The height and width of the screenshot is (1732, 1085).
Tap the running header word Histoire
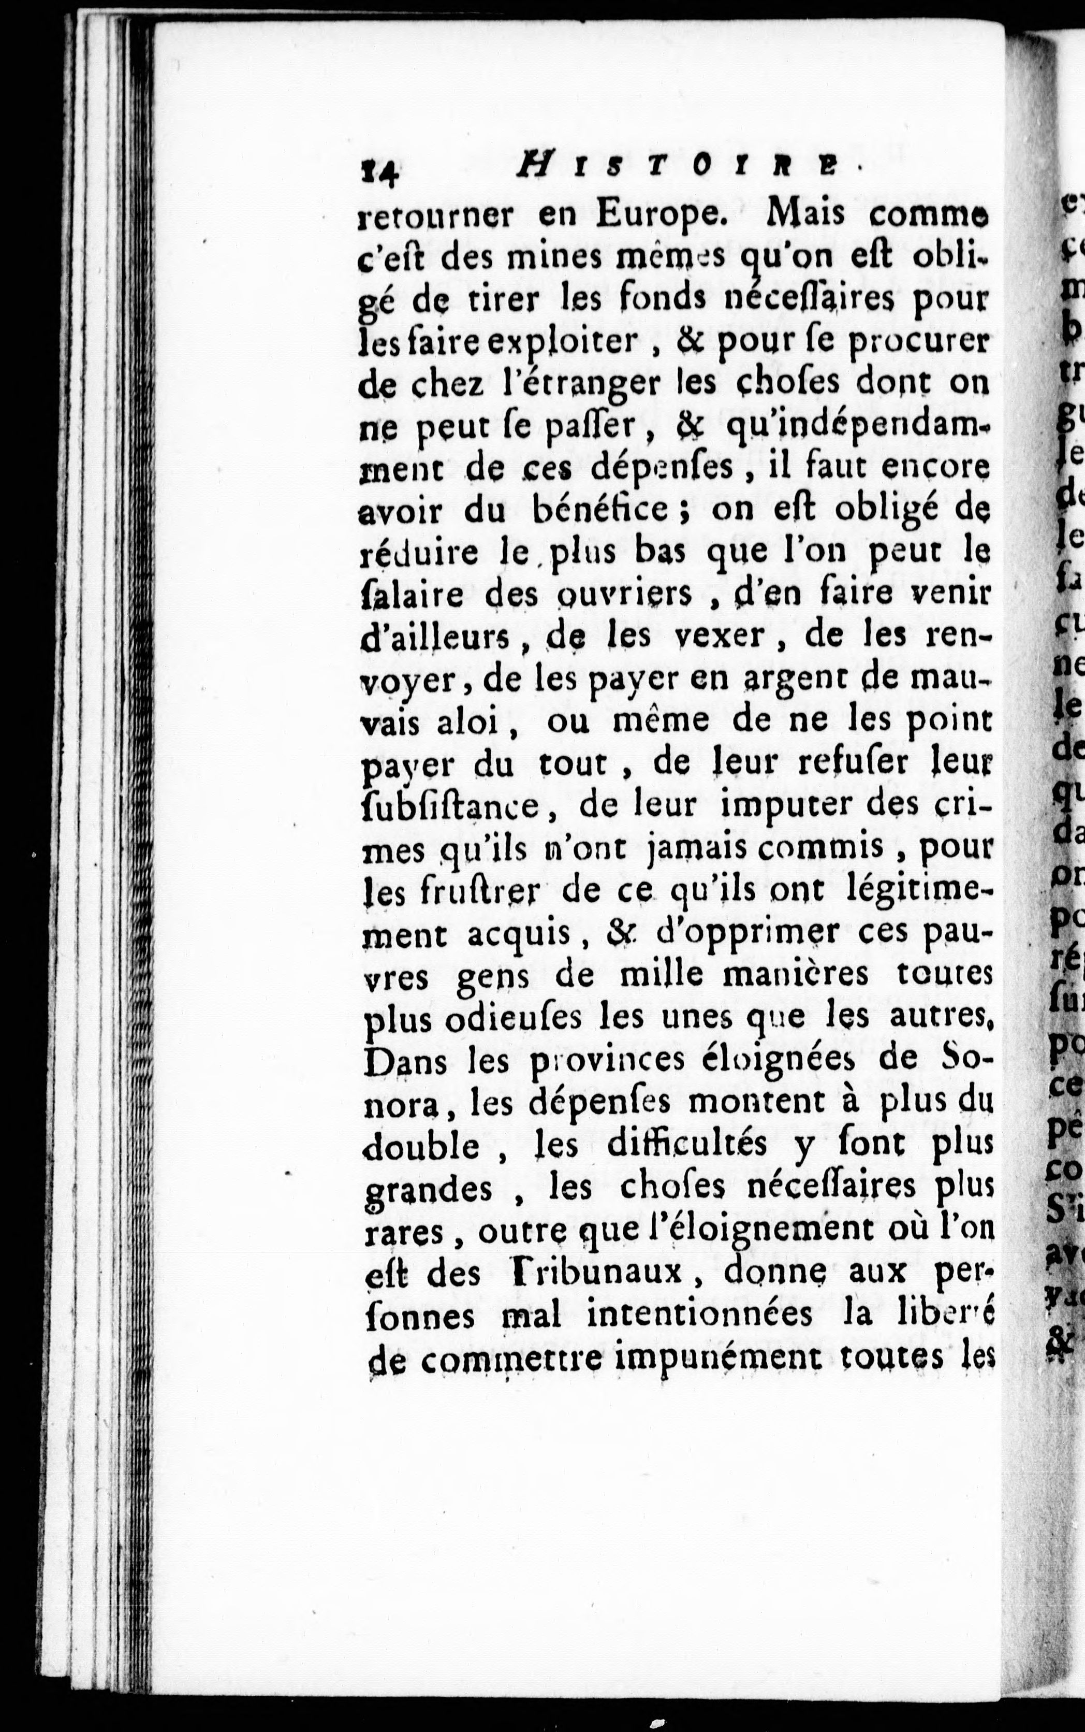[x=677, y=169]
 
